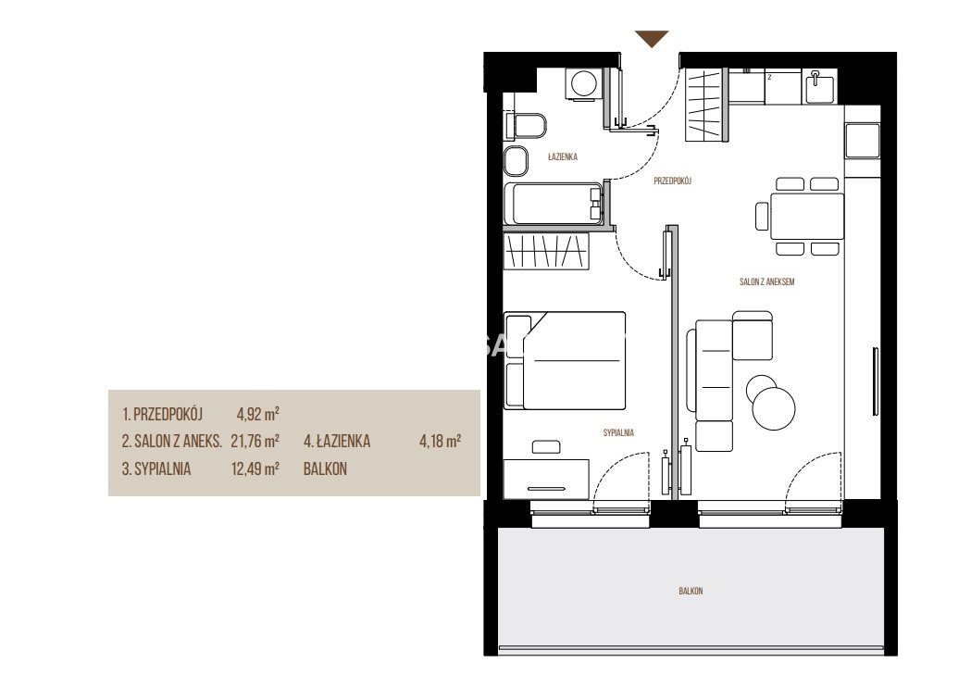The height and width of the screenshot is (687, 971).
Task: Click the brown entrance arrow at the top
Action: (x=652, y=38)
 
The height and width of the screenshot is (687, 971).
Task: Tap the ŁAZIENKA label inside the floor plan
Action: (x=562, y=156)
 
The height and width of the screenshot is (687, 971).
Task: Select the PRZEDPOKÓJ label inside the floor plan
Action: (x=672, y=181)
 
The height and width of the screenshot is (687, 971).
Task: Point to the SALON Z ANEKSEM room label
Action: (x=766, y=281)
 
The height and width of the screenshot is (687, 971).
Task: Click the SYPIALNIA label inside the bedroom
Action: (x=618, y=433)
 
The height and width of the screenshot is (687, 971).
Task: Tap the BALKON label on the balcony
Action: (x=691, y=591)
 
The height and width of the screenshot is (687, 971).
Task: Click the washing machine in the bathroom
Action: (x=583, y=83)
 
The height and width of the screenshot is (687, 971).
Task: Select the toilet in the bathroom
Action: (x=526, y=126)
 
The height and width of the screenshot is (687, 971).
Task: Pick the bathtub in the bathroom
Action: (x=554, y=204)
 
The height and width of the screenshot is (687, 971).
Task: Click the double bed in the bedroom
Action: (x=565, y=360)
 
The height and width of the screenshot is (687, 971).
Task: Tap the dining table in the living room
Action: (x=807, y=217)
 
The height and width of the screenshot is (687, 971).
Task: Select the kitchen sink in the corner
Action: (x=819, y=87)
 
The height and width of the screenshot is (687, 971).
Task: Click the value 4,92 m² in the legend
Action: (x=257, y=413)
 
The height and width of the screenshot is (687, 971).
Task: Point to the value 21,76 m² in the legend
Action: (x=255, y=441)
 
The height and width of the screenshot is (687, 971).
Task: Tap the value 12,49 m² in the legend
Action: (x=255, y=468)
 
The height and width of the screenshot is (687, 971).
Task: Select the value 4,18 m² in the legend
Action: (x=440, y=441)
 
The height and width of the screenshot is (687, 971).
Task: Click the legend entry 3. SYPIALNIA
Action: (x=156, y=468)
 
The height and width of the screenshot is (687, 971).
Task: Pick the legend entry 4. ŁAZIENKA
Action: (x=337, y=441)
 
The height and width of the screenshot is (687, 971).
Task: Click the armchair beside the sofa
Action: (x=753, y=335)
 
